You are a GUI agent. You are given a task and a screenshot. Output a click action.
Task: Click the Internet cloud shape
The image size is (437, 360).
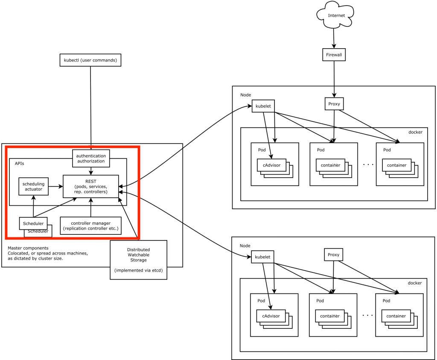click(x=336, y=16)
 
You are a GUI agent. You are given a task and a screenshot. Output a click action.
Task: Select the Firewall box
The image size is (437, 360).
click(x=333, y=55)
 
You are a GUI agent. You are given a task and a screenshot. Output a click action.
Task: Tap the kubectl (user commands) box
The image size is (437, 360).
click(x=90, y=60)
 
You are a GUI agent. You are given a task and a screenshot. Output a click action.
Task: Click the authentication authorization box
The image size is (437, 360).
click(x=91, y=158)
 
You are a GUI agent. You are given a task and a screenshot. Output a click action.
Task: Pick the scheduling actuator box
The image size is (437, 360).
click(x=33, y=186)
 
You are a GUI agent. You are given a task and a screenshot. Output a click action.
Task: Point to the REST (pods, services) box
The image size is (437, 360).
click(x=90, y=187)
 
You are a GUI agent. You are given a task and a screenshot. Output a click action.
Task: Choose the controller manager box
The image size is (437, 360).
click(x=90, y=226)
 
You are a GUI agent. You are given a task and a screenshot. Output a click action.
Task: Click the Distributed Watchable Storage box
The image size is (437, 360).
click(x=138, y=260)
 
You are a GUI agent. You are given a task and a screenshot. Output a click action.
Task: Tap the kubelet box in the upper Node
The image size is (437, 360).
click(x=263, y=106)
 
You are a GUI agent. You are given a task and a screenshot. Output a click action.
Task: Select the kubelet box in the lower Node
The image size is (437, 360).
click(x=263, y=256)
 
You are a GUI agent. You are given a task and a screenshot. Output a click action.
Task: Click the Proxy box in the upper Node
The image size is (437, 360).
click(x=334, y=104)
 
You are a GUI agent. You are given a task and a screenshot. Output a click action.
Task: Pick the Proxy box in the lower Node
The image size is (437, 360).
click(x=333, y=255)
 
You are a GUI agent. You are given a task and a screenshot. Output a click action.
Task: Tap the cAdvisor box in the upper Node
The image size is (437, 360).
click(x=271, y=165)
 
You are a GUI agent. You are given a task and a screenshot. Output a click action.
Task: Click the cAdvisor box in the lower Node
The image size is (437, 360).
click(x=271, y=316)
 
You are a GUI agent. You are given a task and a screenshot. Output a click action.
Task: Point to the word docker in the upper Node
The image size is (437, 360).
click(x=415, y=132)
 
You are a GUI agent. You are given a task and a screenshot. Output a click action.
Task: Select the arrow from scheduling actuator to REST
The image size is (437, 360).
click(x=55, y=186)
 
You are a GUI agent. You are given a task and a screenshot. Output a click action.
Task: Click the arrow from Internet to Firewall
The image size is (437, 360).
click(x=334, y=39)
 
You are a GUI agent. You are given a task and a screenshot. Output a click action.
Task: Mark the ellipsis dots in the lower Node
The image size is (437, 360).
click(x=367, y=315)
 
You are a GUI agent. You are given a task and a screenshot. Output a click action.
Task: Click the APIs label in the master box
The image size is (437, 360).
click(x=19, y=164)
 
